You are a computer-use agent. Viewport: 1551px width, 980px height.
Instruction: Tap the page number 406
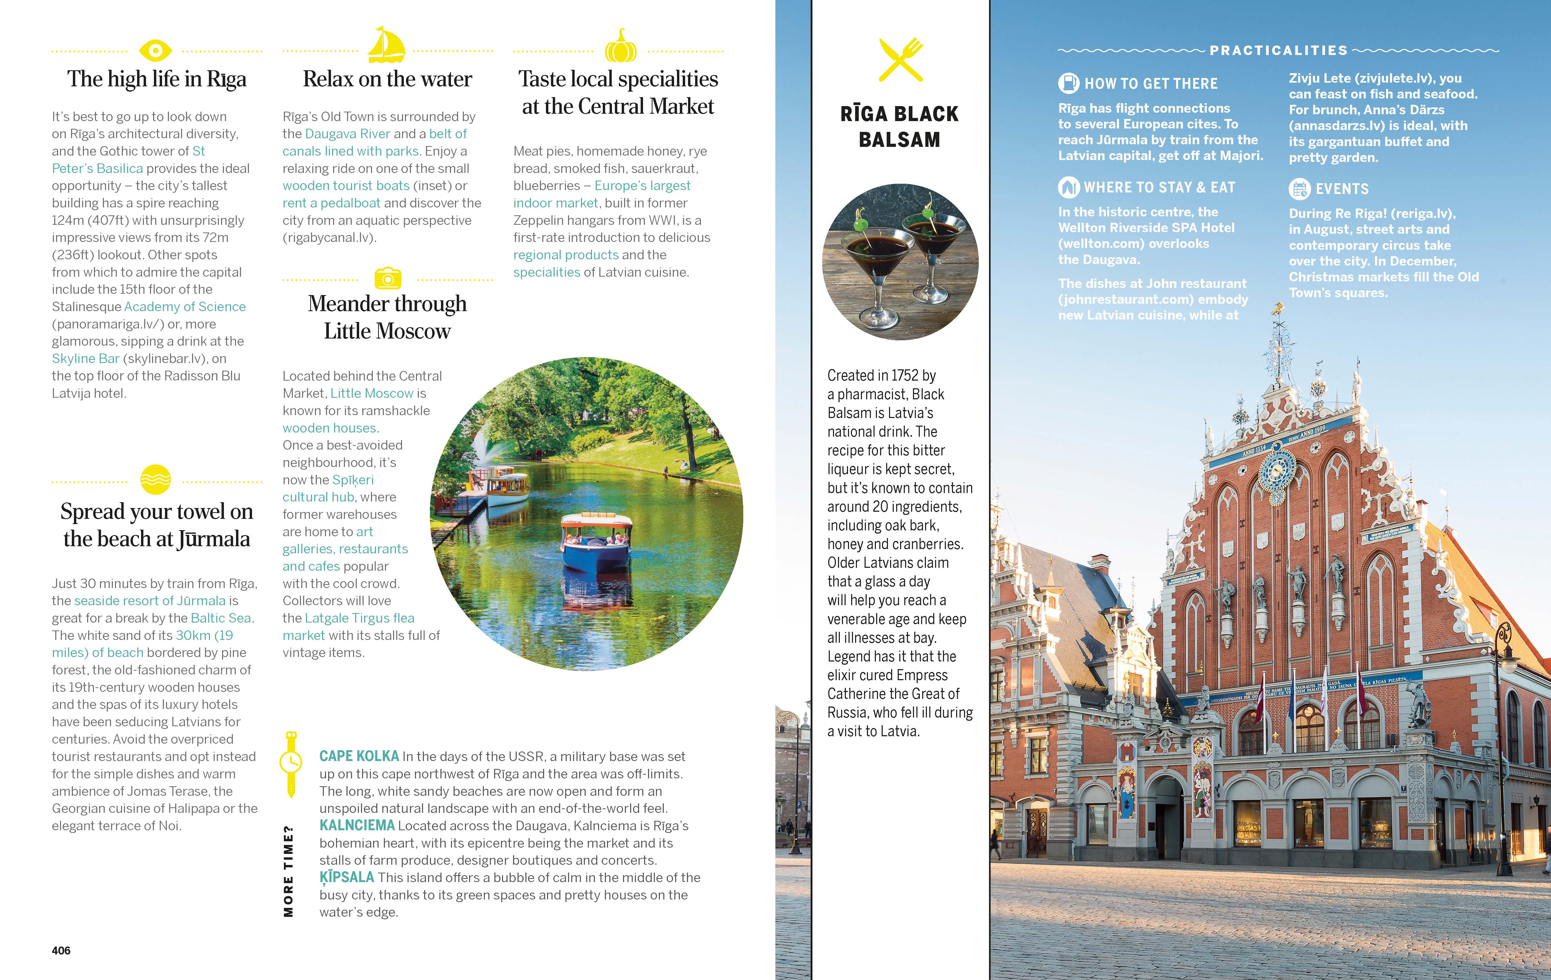coord(61,950)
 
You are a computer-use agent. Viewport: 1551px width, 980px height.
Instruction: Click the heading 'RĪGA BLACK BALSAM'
coord(899,126)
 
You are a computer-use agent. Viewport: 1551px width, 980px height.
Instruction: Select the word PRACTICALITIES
coord(1278,50)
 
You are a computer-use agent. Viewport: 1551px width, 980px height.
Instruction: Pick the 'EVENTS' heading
coord(1342,189)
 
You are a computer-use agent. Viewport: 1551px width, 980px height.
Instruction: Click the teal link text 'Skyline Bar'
coord(86,359)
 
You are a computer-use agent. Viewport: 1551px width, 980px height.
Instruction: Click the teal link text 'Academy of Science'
coord(185,307)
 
